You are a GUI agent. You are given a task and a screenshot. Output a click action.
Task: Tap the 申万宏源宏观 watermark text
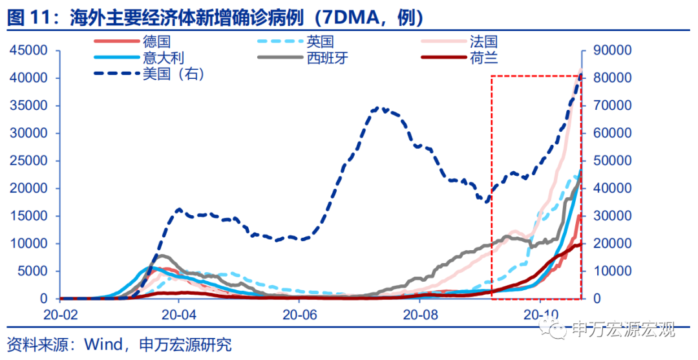point(623,330)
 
